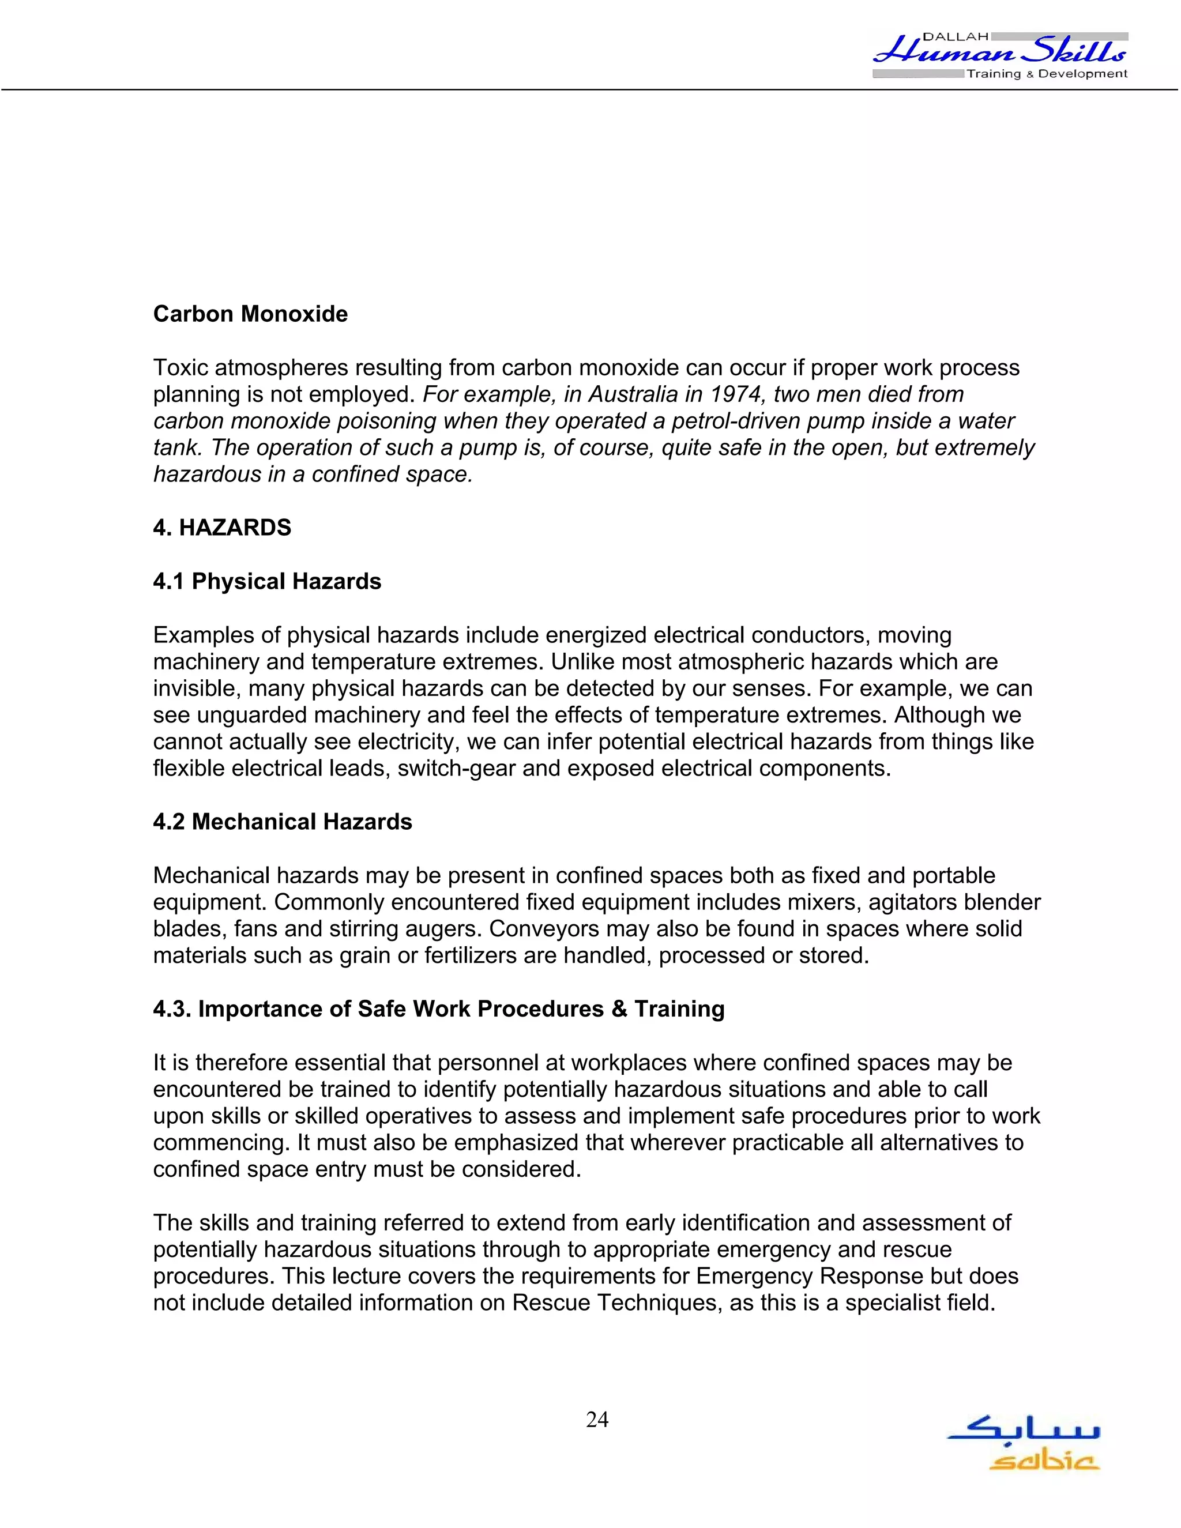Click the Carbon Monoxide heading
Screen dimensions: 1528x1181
pyautogui.click(x=250, y=314)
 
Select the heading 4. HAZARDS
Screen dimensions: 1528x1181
pyautogui.click(x=222, y=528)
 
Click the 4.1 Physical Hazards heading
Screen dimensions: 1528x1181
pyautogui.click(x=266, y=581)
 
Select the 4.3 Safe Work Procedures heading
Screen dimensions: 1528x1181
pyautogui.click(x=439, y=1009)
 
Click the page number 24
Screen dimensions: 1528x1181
pyautogui.click(x=597, y=1420)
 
